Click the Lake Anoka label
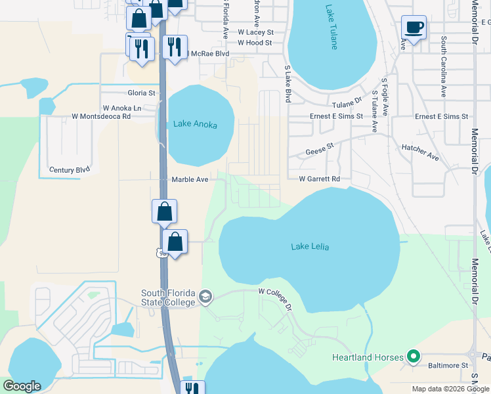[195, 124]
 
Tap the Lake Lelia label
[310, 246]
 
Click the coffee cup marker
[414, 28]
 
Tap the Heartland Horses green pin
[413, 357]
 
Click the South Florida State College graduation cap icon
[205, 297]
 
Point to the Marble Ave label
[190, 179]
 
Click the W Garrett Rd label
[320, 179]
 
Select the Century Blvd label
[70, 169]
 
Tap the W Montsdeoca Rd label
[101, 116]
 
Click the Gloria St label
[141, 93]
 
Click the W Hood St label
[255, 43]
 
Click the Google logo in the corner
[22, 386]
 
